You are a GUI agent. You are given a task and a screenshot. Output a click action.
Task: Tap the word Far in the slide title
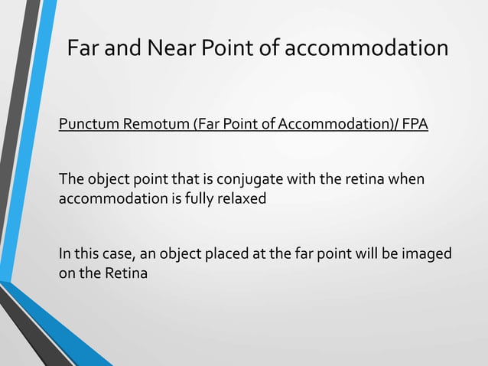click(82, 48)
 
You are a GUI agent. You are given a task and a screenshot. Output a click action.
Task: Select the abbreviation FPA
click(414, 124)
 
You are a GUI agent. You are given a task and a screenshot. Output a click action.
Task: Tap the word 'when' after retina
click(406, 179)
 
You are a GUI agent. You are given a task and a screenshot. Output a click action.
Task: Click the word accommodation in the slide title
click(367, 48)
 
